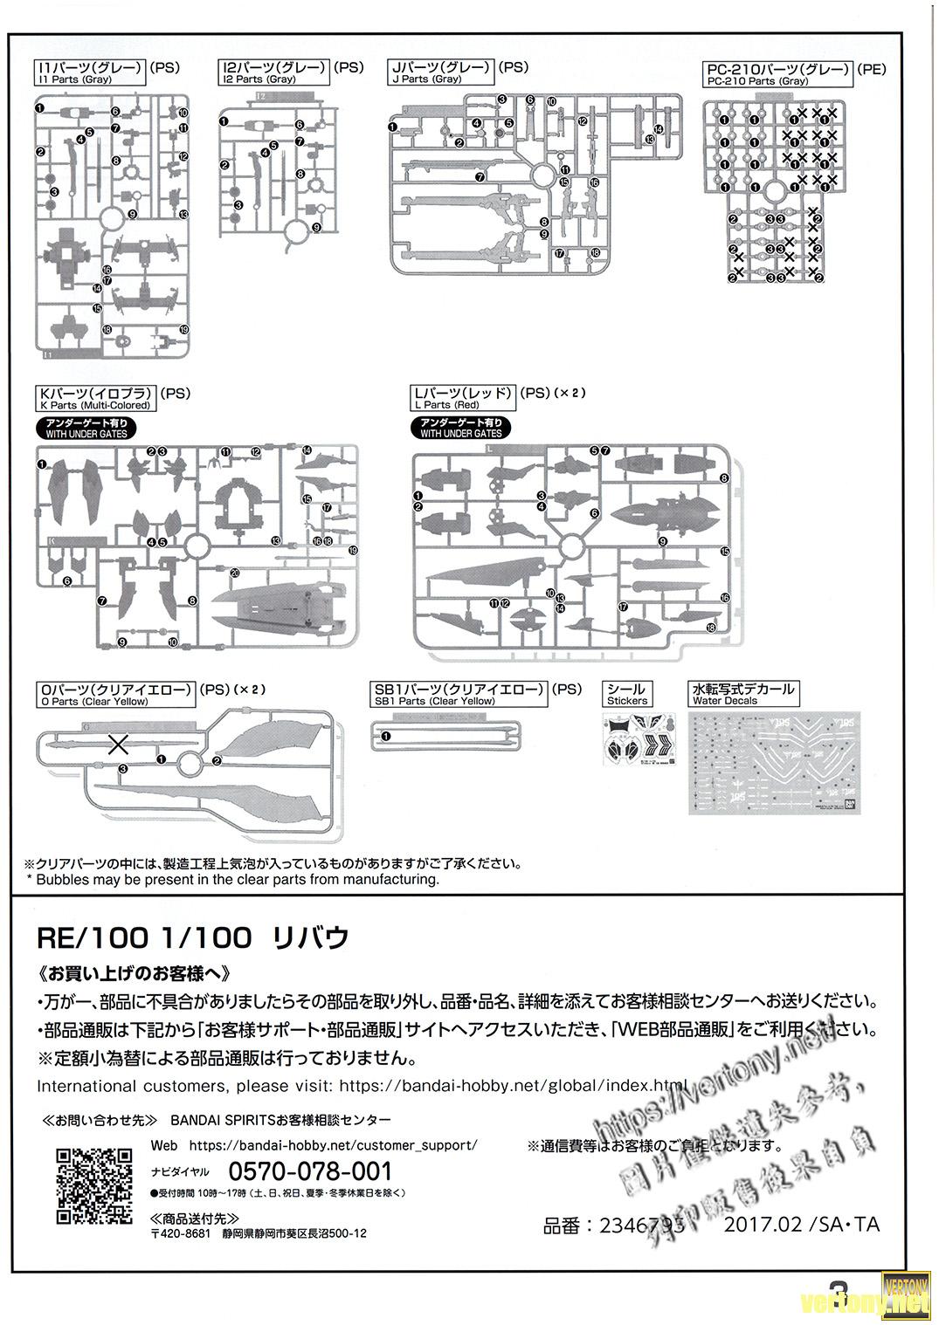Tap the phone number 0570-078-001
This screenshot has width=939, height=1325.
click(x=310, y=1171)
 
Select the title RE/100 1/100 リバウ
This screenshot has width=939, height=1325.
click(x=193, y=937)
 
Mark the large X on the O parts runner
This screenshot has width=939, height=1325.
click(x=118, y=745)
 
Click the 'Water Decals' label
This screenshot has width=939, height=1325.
click(x=725, y=701)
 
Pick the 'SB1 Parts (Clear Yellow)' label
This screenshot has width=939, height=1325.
click(x=434, y=701)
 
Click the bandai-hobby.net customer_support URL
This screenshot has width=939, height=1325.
click(x=333, y=1144)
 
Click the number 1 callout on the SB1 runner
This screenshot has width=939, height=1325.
click(x=386, y=736)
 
